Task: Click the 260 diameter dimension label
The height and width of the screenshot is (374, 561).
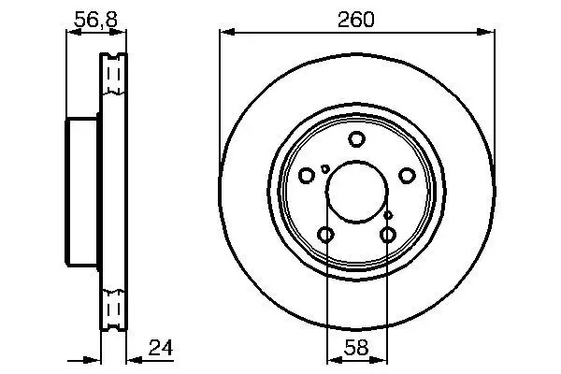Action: point(356,18)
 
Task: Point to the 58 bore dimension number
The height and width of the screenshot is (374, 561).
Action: point(356,347)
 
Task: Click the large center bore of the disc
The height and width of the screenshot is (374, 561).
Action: point(356,188)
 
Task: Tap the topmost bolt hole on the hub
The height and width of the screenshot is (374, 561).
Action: point(356,139)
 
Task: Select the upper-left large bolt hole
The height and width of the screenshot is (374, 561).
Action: point(307,175)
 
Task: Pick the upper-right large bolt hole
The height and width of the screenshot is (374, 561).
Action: point(406,175)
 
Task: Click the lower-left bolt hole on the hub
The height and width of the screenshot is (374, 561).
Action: point(325,234)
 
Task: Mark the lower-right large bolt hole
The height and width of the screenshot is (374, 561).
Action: point(388,234)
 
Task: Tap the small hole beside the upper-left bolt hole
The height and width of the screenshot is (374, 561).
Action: point(324,169)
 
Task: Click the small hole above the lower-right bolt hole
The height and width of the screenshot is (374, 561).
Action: point(388,215)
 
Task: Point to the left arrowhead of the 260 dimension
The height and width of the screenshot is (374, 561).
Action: point(225,33)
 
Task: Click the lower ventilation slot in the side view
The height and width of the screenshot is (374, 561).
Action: point(115,308)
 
